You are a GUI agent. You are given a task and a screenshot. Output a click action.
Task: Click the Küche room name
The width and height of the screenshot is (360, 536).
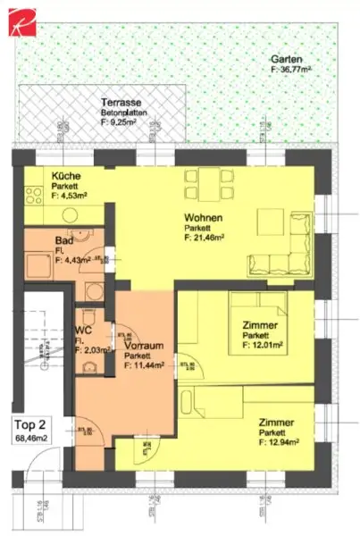click(66, 175)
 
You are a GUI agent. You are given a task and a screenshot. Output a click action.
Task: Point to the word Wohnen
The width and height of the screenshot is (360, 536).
click(204, 218)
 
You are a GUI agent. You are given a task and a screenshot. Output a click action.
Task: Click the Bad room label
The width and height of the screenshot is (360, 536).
click(63, 241)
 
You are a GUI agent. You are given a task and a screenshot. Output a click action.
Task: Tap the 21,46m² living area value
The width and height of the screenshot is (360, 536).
click(204, 239)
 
